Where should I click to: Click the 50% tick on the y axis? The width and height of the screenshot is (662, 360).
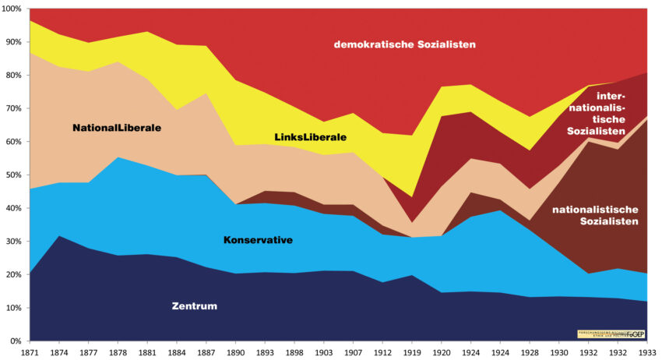click(x=13, y=175)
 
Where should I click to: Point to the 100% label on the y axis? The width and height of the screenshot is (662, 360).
click(x=12, y=9)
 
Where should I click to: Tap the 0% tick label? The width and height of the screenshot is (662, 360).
click(x=16, y=341)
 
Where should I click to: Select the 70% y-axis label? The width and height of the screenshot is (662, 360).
click(x=13, y=109)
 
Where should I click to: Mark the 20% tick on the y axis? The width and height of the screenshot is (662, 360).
click(x=13, y=275)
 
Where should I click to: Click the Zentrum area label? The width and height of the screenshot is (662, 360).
click(x=195, y=305)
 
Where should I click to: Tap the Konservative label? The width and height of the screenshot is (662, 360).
click(x=258, y=240)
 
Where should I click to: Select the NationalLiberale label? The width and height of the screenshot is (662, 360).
click(x=117, y=127)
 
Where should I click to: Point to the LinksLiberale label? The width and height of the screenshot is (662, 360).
click(x=310, y=137)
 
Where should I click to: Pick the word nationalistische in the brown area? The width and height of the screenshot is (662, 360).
click(x=594, y=209)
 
